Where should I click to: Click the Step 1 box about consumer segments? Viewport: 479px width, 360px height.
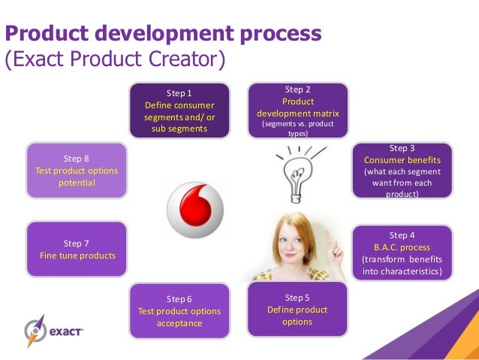coord(179,110)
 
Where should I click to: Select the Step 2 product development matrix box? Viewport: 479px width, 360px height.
coord(298,111)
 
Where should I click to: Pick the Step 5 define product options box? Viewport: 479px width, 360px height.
coord(297,310)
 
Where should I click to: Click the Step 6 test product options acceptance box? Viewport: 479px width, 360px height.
coord(179,310)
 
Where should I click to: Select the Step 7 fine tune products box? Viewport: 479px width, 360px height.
coord(77,250)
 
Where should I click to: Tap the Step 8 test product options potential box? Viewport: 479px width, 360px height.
coord(77,171)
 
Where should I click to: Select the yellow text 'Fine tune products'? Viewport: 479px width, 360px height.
coord(77,256)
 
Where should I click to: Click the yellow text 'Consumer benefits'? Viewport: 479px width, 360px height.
coord(402,160)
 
